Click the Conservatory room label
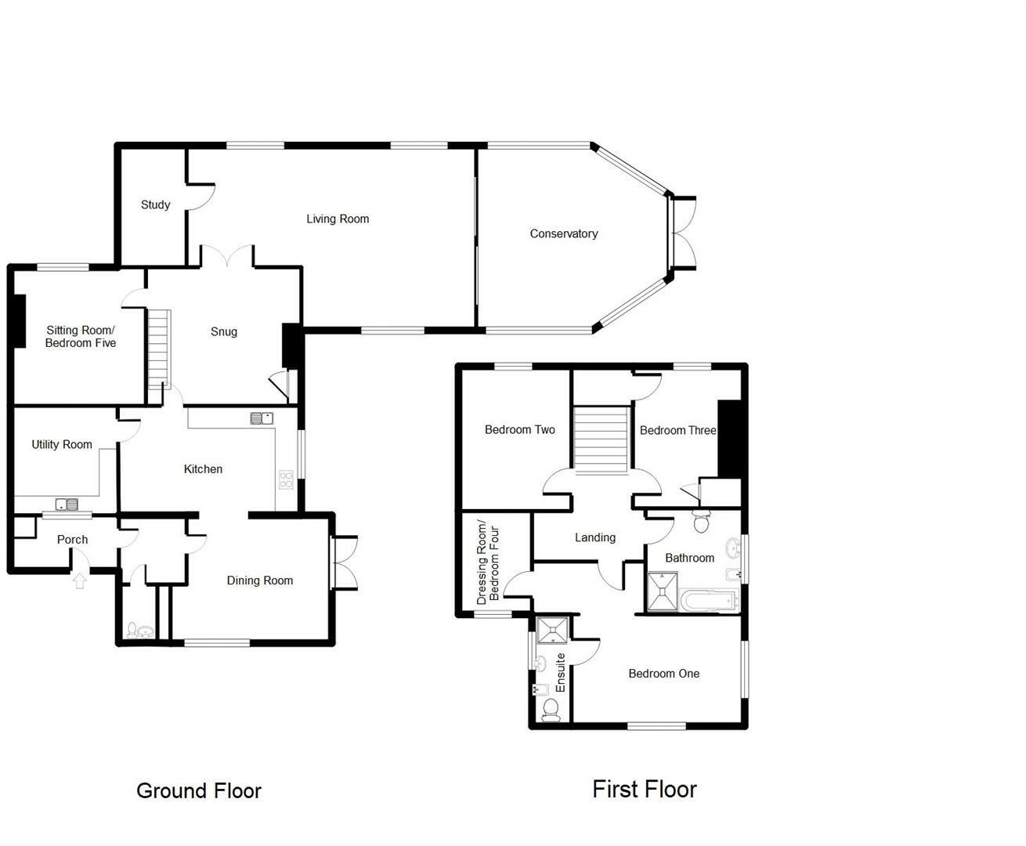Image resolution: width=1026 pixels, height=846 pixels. (564, 233)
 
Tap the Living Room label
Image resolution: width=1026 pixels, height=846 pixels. (338, 219)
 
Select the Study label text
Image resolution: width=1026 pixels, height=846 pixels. (155, 204)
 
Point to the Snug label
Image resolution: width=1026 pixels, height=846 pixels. (224, 331)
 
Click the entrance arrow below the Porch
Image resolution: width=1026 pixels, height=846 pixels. (79, 580)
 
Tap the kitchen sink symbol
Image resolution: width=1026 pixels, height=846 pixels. (261, 418)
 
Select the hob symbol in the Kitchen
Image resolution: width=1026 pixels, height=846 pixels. (286, 479)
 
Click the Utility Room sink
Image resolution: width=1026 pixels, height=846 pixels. (67, 504)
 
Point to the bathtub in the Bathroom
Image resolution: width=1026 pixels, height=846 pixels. (710, 601)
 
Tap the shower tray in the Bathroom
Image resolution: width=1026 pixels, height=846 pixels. (663, 591)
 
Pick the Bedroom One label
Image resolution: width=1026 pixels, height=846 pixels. (663, 674)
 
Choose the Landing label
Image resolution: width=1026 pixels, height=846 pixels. (595, 537)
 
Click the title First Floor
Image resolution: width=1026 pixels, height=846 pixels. (644, 789)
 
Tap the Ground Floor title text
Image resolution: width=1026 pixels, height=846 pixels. (199, 790)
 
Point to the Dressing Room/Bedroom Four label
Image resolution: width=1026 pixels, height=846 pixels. (487, 562)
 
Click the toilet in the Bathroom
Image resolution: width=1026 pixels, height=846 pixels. (702, 522)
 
